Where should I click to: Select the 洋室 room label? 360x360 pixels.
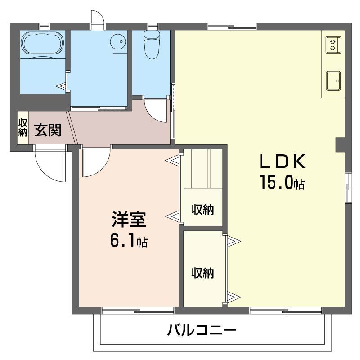click(x=129, y=221)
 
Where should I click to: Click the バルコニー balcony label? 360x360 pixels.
click(x=202, y=332)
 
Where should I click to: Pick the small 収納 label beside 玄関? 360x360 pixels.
click(x=23, y=127)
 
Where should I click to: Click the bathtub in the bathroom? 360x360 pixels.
click(x=43, y=43)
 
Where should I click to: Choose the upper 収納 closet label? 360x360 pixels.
click(x=202, y=210)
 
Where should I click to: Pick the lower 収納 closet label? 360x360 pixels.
click(x=202, y=273)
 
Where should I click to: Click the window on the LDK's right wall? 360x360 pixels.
click(x=348, y=187)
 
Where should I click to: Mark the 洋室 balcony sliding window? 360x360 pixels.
click(x=138, y=310)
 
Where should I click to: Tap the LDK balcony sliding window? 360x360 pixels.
click(x=285, y=310)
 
